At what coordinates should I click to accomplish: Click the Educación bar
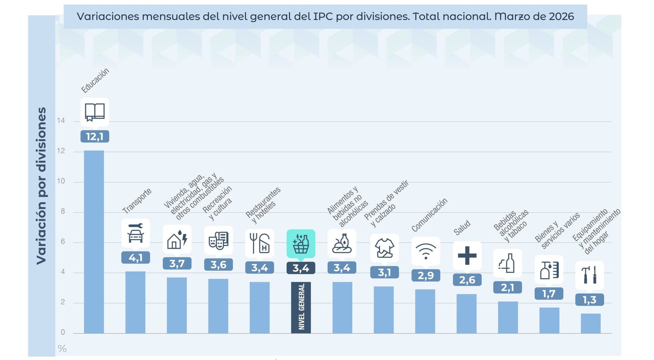tap(94, 241)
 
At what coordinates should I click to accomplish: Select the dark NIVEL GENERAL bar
tap(301, 307)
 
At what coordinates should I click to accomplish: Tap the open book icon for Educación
tap(95, 112)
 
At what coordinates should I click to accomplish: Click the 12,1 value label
tap(95, 136)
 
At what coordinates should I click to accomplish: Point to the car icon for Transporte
tap(136, 233)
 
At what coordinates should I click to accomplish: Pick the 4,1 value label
tap(136, 258)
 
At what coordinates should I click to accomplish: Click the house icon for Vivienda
tap(177, 239)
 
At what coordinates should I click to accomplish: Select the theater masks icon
tap(218, 240)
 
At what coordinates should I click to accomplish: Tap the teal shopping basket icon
tap(301, 244)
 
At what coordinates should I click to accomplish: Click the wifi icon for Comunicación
tap(426, 251)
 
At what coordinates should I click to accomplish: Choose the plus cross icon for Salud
tap(467, 256)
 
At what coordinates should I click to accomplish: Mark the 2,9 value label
tap(426, 275)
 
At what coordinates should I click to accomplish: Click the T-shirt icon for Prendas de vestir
tap(384, 248)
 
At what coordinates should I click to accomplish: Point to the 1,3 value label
tap(589, 300)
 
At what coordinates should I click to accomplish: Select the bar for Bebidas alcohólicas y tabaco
tap(508, 317)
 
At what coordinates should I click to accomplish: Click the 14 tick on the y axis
tap(61, 121)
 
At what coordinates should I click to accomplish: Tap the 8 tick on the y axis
tap(63, 211)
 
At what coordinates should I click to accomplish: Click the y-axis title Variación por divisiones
tap(41, 186)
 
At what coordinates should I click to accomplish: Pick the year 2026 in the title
tap(561, 17)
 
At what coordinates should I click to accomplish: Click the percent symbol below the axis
tap(62, 349)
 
